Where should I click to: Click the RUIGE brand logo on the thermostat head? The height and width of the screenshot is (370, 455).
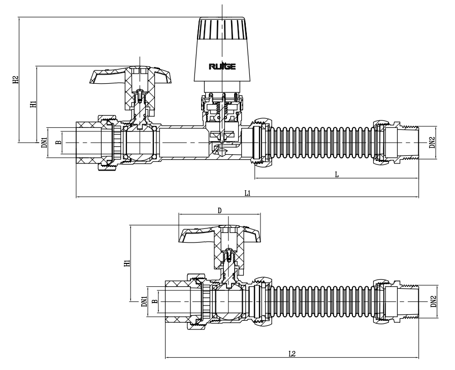click(222, 66)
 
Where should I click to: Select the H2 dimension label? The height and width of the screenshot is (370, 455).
click(16, 80)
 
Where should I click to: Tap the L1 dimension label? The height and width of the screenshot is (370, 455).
click(247, 193)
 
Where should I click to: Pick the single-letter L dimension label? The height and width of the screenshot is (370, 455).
click(336, 174)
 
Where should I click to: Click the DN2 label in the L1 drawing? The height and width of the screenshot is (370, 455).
click(432, 143)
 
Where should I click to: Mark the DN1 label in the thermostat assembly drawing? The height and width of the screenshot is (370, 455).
click(44, 143)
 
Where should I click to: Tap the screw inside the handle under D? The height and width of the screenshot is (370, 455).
click(229, 252)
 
